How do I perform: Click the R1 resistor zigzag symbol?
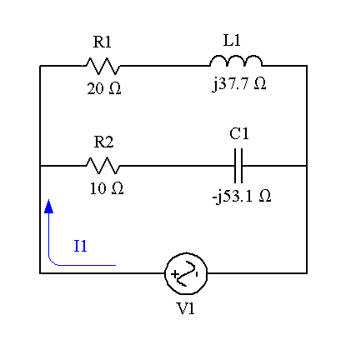pyautogui.click(x=103, y=66)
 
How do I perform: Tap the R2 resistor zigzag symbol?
pyautogui.click(x=103, y=166)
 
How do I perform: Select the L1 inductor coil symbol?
pyautogui.click(x=236, y=62)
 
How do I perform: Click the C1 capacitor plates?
pyautogui.click(x=238, y=166)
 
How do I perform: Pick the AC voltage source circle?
pyautogui.click(x=186, y=273)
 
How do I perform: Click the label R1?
pyautogui.click(x=103, y=42)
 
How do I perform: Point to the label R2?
pyautogui.click(x=103, y=142)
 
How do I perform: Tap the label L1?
pyautogui.click(x=232, y=40)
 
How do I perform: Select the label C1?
pyautogui.click(x=239, y=133)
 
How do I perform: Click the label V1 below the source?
pyautogui.click(x=186, y=308)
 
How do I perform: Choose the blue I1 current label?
pyautogui.click(x=80, y=246)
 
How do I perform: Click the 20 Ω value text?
pyautogui.click(x=104, y=89)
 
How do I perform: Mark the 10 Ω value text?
pyautogui.click(x=107, y=188)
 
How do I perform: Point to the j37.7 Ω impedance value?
pyautogui.click(x=239, y=84)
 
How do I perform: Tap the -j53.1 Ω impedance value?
pyautogui.click(x=242, y=197)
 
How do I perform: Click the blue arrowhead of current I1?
pyautogui.click(x=48, y=206)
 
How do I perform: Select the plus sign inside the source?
pyautogui.click(x=174, y=274)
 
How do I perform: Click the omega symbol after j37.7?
pyautogui.click(x=260, y=83)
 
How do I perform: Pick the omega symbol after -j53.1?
pyautogui.click(x=265, y=196)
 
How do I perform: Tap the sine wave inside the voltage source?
pyautogui.click(x=188, y=273)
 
